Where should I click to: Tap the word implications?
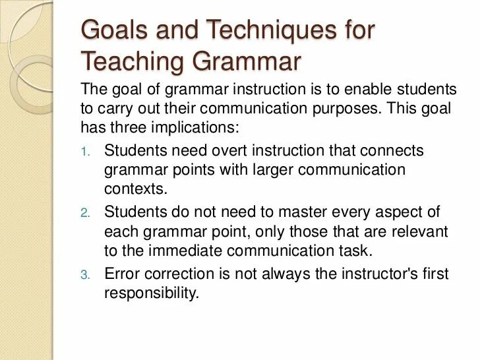[x=192, y=126]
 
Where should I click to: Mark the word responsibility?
[x=151, y=293]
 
